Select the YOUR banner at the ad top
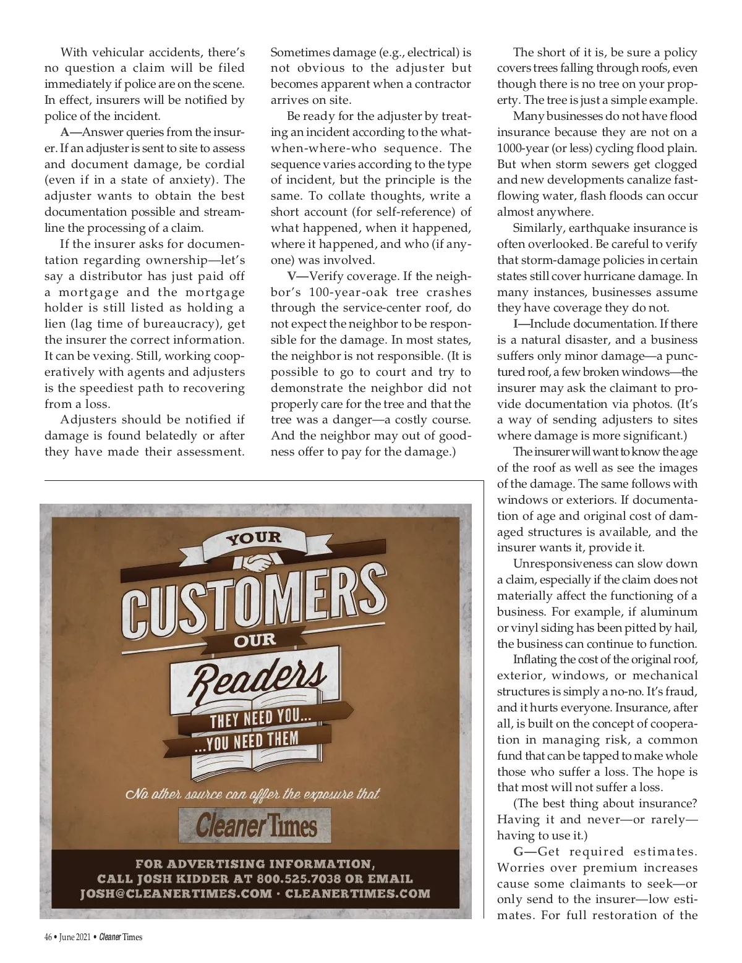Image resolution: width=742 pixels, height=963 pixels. [254, 538]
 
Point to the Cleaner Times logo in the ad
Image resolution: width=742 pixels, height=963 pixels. [255, 825]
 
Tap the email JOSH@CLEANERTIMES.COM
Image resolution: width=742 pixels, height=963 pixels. [176, 894]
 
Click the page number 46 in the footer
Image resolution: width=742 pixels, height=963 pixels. [48, 937]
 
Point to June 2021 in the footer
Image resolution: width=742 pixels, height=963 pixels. [74, 937]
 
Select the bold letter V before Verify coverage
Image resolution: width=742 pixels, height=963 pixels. [291, 276]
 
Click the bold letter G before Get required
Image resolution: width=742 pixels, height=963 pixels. [518, 852]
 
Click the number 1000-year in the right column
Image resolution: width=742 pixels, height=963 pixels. [522, 148]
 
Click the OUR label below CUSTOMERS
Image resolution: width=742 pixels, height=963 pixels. [255, 640]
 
